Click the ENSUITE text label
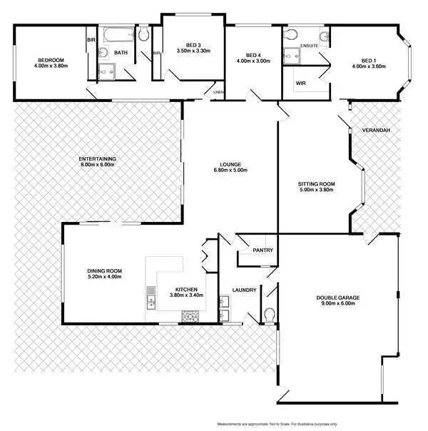(x=309, y=46)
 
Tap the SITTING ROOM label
(x=316, y=184)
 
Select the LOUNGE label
(x=230, y=163)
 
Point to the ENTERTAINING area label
(x=98, y=158)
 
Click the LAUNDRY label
(x=245, y=290)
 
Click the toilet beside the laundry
(x=269, y=315)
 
